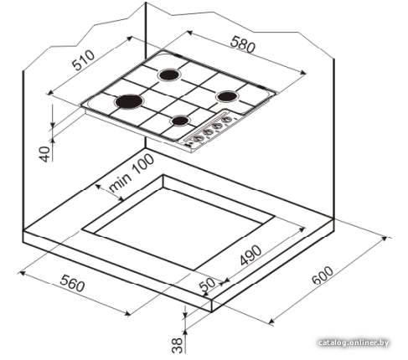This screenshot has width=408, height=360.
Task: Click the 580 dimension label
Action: [x=242, y=44]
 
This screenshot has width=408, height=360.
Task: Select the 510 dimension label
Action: [x=83, y=60]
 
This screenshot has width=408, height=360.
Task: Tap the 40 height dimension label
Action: [x=45, y=154]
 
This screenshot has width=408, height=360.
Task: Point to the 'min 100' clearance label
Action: [x=131, y=173]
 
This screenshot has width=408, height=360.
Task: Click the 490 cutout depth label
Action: [x=250, y=255]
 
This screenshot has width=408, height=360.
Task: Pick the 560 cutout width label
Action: [x=72, y=283]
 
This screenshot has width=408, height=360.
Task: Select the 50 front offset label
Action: [x=208, y=285]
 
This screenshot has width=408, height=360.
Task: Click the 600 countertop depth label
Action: [x=323, y=275]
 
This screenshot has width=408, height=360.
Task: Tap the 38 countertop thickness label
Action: [x=177, y=345]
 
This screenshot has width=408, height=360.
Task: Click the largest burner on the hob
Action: [x=129, y=101]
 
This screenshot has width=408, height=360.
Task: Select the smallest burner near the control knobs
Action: [x=180, y=121]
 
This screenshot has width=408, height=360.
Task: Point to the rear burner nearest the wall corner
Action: [x=169, y=75]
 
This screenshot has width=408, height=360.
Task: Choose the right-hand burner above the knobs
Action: [x=227, y=96]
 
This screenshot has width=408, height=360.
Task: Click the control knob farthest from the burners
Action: [x=198, y=138]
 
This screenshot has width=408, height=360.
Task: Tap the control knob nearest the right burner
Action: [x=227, y=120]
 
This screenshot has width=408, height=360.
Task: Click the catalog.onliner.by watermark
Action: [x=354, y=342]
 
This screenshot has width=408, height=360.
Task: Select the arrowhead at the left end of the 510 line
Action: [x=50, y=92]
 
